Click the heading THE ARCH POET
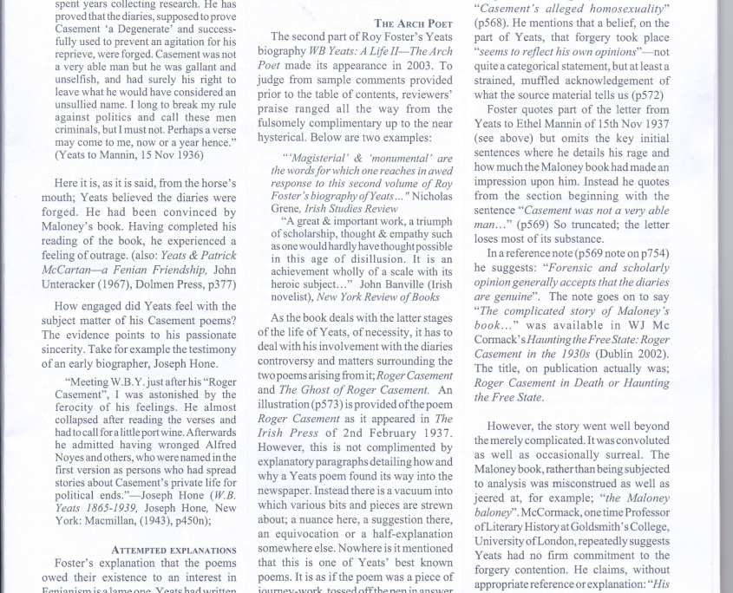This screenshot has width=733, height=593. click(x=413, y=23)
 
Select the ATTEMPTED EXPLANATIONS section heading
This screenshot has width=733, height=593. click(x=173, y=550)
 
